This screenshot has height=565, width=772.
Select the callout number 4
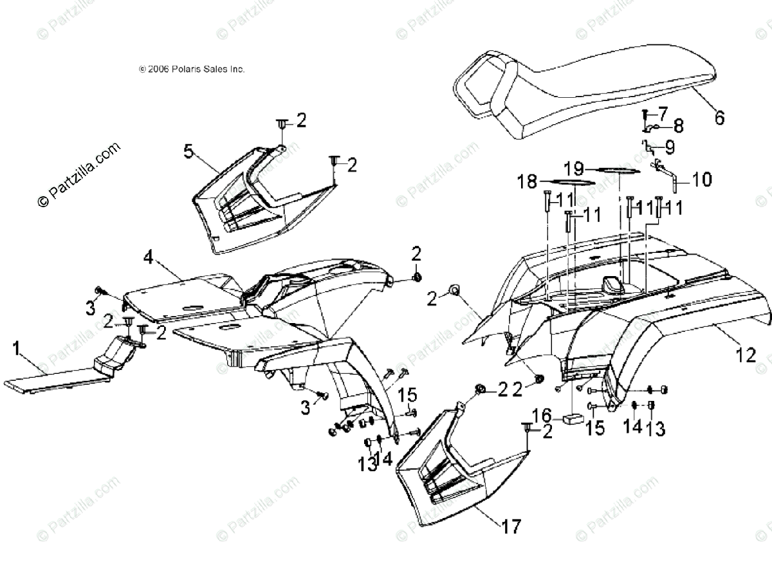click(148, 259)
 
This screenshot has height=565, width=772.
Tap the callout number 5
click(188, 152)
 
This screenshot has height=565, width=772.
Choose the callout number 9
click(670, 147)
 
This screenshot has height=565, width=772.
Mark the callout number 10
click(702, 180)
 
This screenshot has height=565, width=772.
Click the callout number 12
click(746, 355)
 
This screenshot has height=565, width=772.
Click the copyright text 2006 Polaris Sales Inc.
click(192, 69)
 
